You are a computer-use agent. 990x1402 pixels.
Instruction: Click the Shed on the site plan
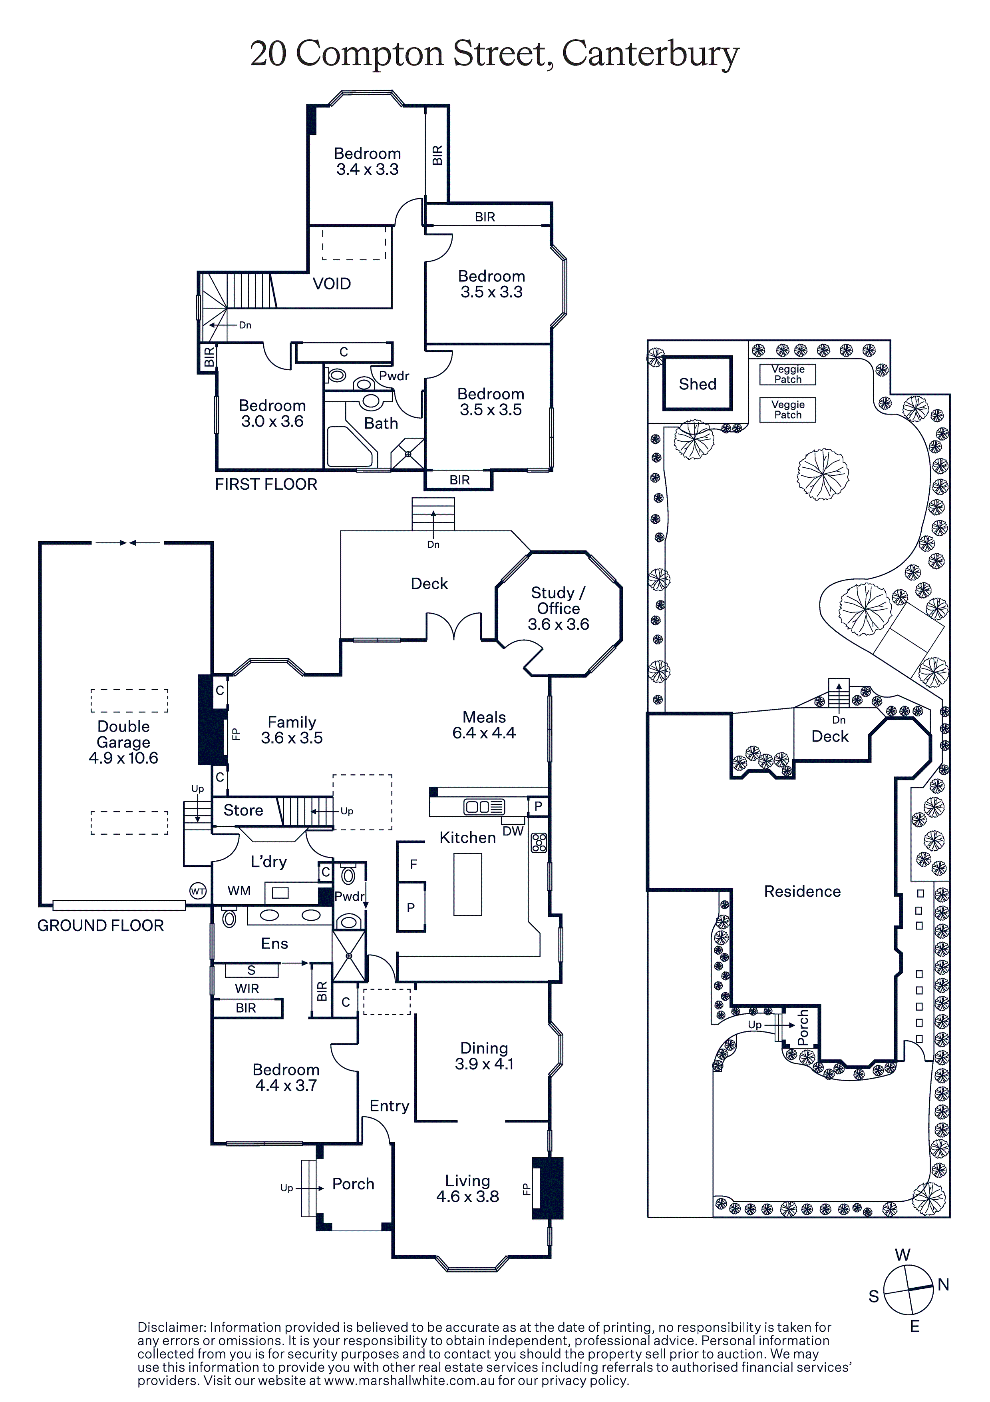(698, 383)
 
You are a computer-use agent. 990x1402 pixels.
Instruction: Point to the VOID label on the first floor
(332, 283)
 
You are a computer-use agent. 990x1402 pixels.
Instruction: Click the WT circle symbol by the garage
(198, 891)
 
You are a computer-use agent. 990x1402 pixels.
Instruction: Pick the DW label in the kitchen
(513, 831)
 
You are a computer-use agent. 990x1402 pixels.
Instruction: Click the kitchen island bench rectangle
(467, 884)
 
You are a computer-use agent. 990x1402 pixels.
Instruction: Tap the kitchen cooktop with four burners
(539, 843)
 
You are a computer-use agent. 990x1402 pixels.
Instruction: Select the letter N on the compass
(943, 1285)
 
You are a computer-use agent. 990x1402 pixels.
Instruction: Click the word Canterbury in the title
(651, 54)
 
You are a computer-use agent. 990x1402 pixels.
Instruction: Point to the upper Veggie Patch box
(788, 374)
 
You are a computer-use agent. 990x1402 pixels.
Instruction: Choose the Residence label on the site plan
(802, 891)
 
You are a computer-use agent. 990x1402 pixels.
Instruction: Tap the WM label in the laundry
(239, 891)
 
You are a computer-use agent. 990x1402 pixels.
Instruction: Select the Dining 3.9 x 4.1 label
(484, 1056)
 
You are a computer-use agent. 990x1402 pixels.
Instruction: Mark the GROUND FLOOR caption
(101, 926)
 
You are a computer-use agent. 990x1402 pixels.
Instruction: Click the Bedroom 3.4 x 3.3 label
(368, 161)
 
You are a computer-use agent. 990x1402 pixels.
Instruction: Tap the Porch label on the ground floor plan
(353, 1184)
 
